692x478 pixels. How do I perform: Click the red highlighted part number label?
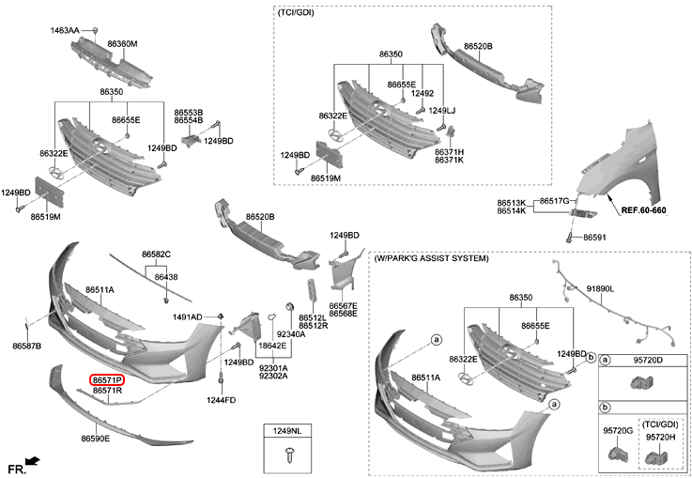pyautogui.click(x=106, y=380)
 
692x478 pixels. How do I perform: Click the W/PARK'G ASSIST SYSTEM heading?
pyautogui.click(x=431, y=257)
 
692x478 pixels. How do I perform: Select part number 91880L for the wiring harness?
pyautogui.click(x=600, y=289)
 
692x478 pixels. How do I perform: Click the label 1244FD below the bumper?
pyautogui.click(x=222, y=401)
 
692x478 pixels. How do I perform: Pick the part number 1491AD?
pyautogui.click(x=188, y=317)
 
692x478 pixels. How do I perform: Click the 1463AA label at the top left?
pyautogui.click(x=65, y=31)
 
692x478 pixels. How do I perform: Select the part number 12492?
pyautogui.click(x=423, y=93)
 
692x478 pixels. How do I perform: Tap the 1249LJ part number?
pyautogui.click(x=441, y=111)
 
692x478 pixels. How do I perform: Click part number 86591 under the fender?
pyautogui.click(x=593, y=238)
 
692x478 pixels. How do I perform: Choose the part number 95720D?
pyautogui.click(x=648, y=360)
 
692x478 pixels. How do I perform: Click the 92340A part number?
pyautogui.click(x=291, y=334)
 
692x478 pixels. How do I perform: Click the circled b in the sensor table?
pyautogui.click(x=606, y=408)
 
